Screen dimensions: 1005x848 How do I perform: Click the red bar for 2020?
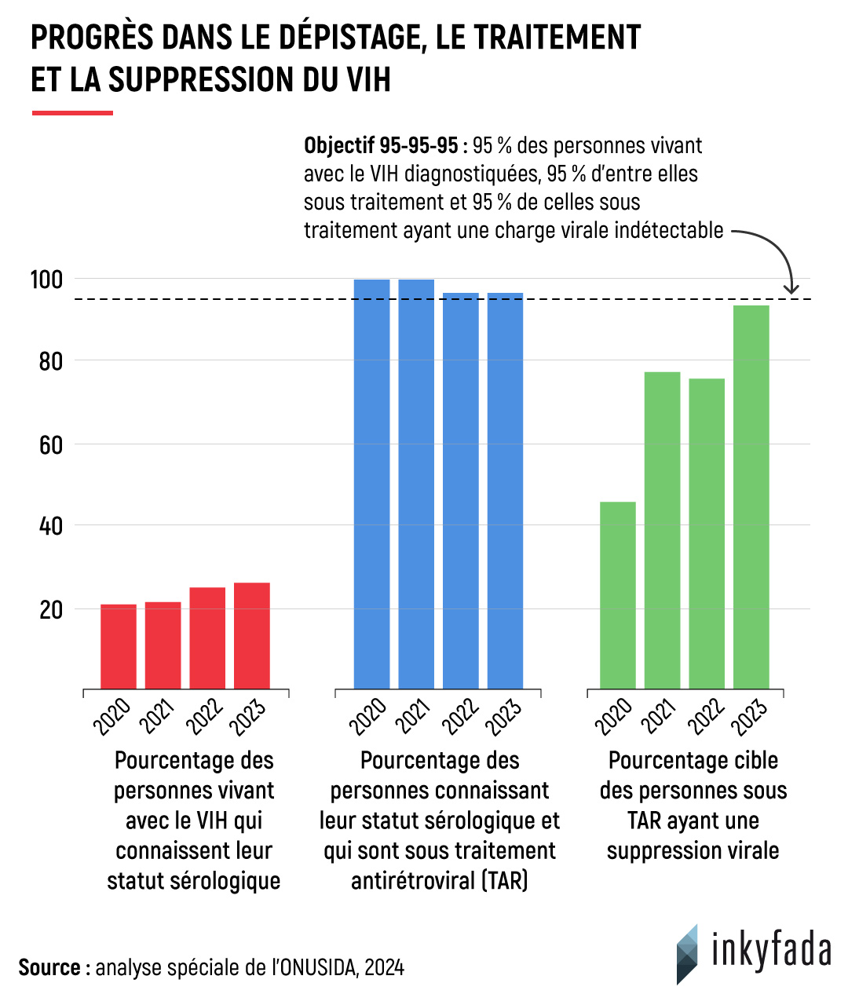coord(119,647)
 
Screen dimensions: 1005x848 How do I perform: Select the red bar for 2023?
coord(252,636)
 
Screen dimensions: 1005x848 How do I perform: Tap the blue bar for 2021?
coord(416,484)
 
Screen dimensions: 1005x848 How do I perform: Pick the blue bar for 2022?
coord(461,491)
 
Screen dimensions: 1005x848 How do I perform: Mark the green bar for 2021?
coord(663,531)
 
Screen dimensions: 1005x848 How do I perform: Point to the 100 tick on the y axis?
coord(46,279)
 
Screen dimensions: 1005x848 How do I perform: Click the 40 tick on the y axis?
coord(51,525)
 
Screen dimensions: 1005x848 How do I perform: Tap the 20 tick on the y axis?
coord(51,609)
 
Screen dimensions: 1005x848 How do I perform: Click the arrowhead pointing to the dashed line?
coord(791,289)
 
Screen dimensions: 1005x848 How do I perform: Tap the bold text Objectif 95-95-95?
coord(381,146)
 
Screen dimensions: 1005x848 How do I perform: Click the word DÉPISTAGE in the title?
coord(346,38)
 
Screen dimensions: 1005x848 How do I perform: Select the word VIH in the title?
coord(367,80)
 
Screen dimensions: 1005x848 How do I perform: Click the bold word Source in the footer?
coord(49,967)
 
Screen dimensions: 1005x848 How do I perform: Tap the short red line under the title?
coord(72,113)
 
